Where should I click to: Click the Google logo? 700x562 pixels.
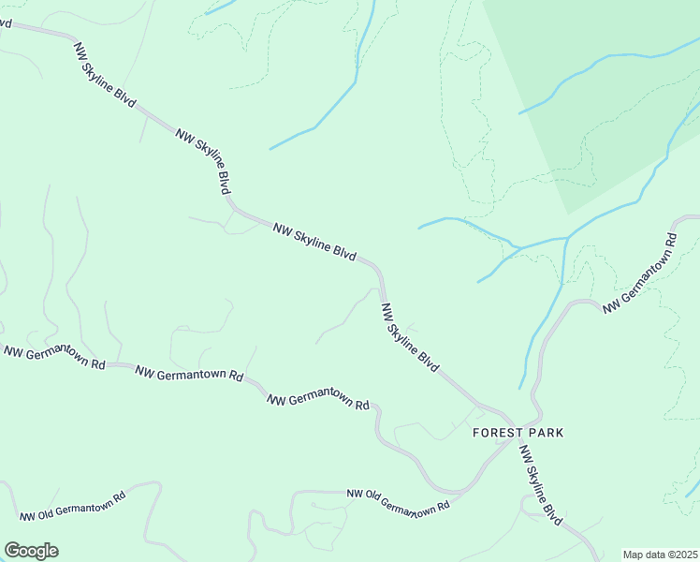pyautogui.click(x=31, y=551)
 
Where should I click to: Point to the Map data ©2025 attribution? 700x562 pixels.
pyautogui.click(x=660, y=555)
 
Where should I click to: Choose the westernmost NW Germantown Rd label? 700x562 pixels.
pyautogui.click(x=53, y=357)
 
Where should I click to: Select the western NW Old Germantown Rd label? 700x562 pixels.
pyautogui.click(x=72, y=507)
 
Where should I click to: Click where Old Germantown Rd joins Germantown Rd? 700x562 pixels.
pyautogui.click(x=460, y=490)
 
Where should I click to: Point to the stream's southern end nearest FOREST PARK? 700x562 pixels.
pyautogui.click(x=521, y=388)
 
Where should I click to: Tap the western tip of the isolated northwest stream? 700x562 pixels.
pyautogui.click(x=270, y=149)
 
